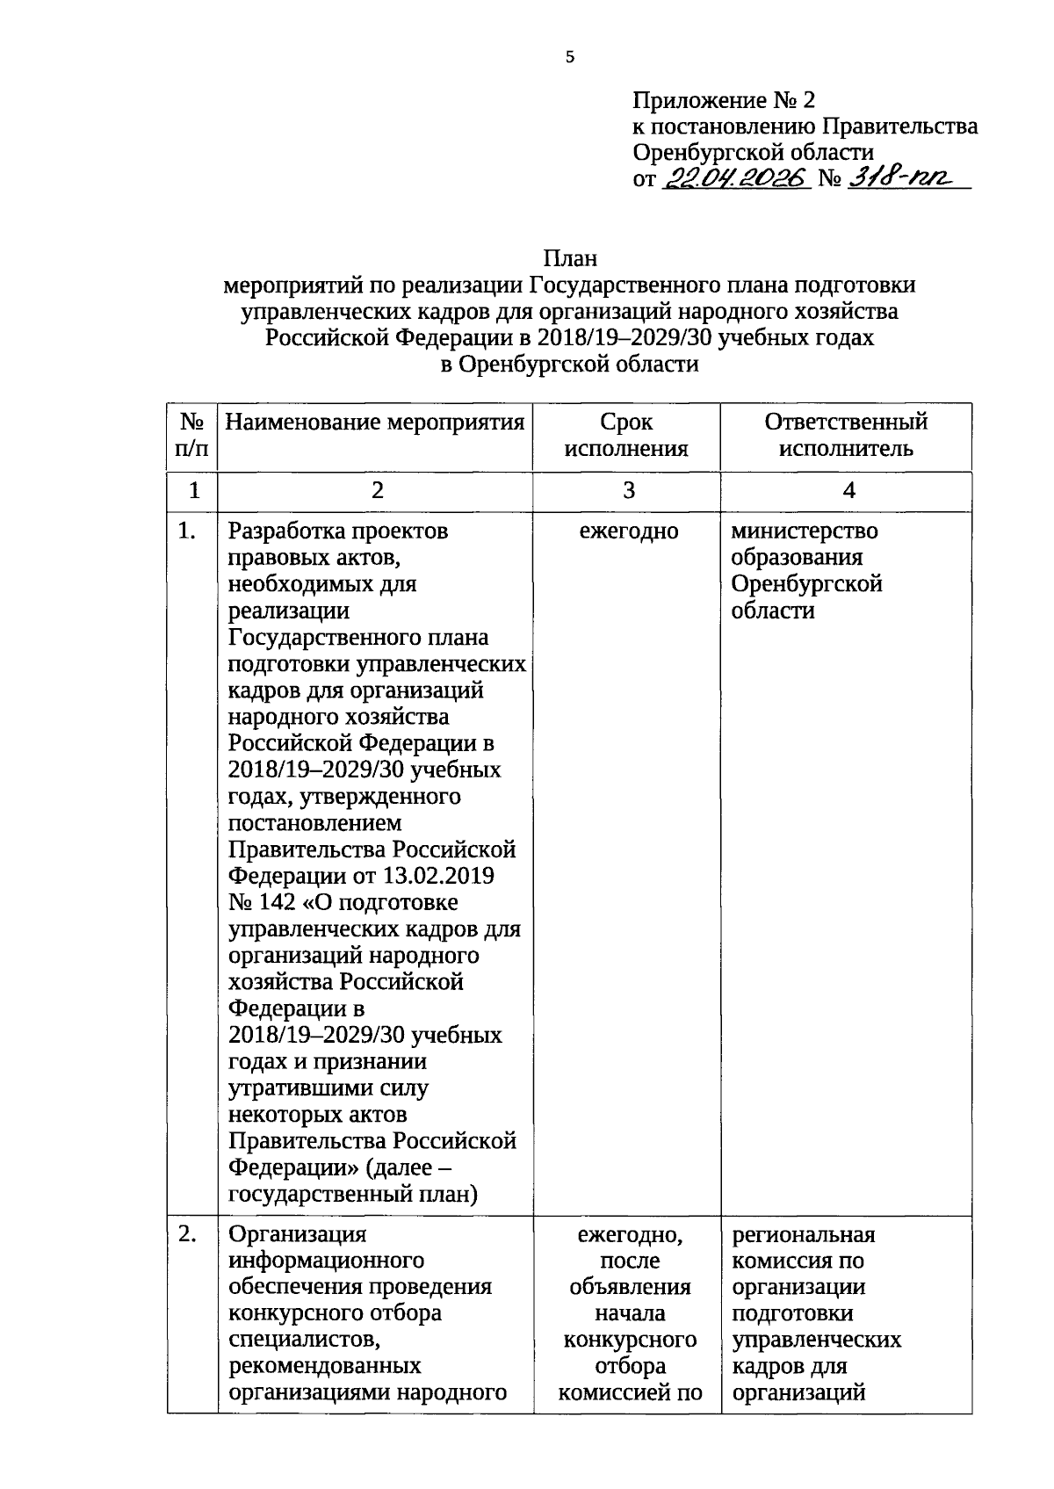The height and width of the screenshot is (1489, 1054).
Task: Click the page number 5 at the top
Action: click(x=570, y=58)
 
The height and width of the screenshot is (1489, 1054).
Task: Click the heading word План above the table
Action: click(x=570, y=259)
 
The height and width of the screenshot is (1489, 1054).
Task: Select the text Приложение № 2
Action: click(x=725, y=100)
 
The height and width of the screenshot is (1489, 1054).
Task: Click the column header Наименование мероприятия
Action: click(x=375, y=423)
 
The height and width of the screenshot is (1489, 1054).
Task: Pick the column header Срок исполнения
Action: click(x=626, y=436)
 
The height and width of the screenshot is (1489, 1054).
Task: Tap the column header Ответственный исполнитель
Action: click(x=846, y=436)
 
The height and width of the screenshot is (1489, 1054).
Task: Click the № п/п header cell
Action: click(x=192, y=436)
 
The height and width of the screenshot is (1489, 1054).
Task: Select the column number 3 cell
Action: click(x=628, y=491)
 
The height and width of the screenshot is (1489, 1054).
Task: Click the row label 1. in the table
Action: click(x=186, y=531)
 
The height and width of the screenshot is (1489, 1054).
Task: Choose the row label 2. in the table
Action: click(x=186, y=1234)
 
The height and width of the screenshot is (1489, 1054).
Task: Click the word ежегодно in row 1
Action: click(x=629, y=531)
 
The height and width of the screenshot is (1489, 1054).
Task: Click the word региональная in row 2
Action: click(x=804, y=1234)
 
